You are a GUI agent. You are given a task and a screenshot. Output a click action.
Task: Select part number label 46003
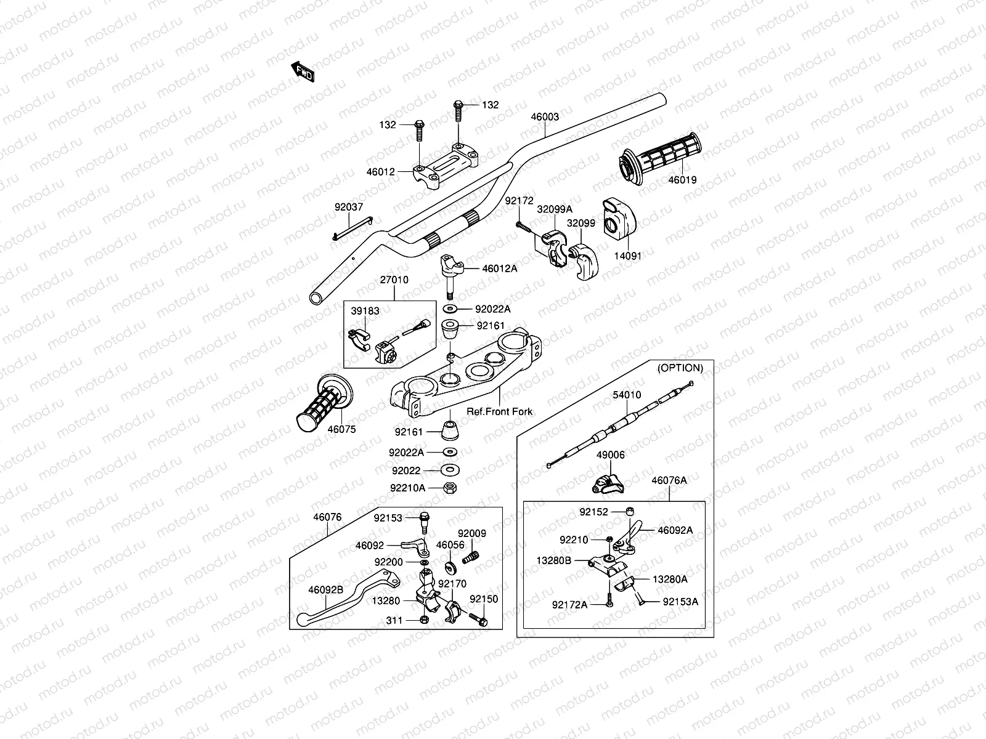545,116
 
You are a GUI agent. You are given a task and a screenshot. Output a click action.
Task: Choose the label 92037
349,208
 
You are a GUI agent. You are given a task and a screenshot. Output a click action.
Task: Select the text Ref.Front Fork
499,411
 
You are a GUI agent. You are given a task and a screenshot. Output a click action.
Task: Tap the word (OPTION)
680,368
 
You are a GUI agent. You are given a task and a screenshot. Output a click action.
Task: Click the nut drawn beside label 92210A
450,487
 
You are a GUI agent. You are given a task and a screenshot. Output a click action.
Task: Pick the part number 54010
626,395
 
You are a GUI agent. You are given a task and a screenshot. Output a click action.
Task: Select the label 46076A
669,480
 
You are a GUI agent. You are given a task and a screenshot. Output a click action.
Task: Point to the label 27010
394,280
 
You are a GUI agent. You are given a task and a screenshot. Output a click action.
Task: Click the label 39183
365,311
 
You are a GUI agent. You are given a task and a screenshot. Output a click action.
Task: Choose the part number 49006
610,455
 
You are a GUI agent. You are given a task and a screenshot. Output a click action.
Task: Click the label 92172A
570,605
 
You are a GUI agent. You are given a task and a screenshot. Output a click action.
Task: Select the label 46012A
500,269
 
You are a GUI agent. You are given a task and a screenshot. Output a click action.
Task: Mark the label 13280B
554,560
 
